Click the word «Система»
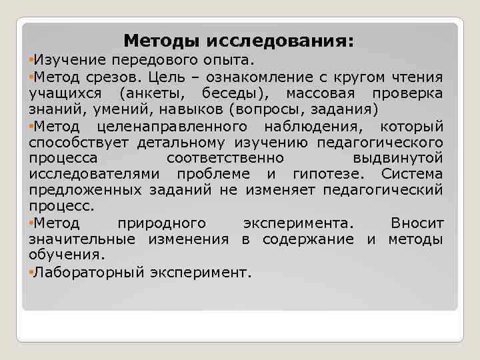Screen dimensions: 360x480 click(412, 174)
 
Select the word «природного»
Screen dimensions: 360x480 click(161, 222)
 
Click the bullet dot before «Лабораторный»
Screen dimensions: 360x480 click(31, 272)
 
